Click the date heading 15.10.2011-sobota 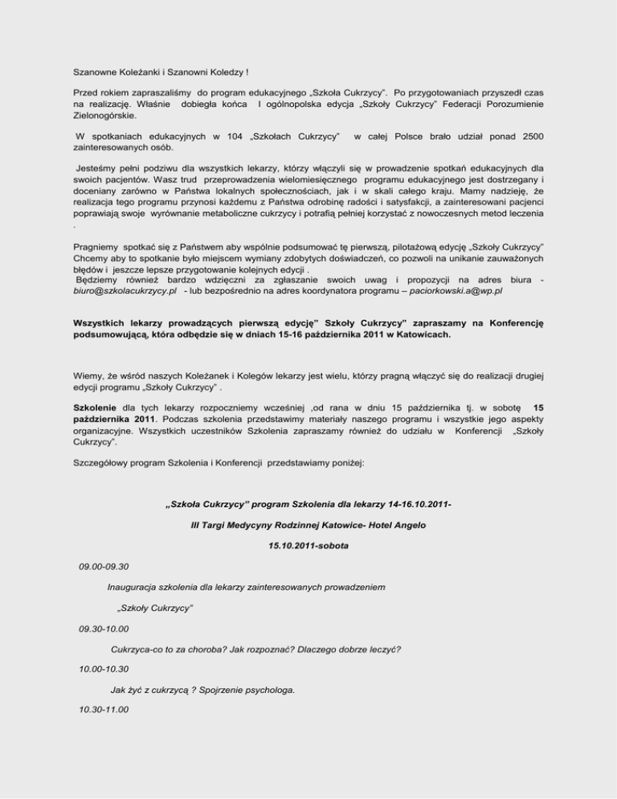tap(308, 546)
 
